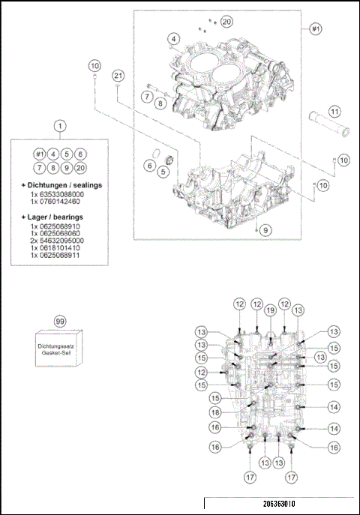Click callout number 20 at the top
(x=226, y=22)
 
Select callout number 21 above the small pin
(x=118, y=75)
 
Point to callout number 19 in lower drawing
(x=271, y=310)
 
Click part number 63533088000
(x=57, y=193)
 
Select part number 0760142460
(x=55, y=201)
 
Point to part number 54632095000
(x=57, y=241)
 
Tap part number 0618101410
(x=55, y=248)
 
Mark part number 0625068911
(x=55, y=256)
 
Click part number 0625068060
(x=55, y=233)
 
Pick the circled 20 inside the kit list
(x=81, y=168)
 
